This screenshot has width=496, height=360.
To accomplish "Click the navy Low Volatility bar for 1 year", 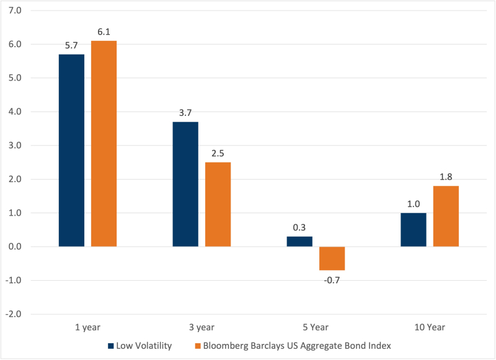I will (x=71, y=151).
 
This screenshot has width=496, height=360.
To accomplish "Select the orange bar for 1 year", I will (x=104, y=144).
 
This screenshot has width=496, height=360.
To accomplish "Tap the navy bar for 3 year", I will (x=185, y=184).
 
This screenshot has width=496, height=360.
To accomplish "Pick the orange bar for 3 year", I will (x=218, y=204).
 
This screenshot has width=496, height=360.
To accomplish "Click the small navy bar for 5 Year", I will (x=299, y=242).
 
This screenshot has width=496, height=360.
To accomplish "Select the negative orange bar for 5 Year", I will (x=332, y=258).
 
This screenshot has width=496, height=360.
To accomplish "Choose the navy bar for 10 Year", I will (x=414, y=230).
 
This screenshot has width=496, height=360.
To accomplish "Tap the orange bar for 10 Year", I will (x=446, y=216).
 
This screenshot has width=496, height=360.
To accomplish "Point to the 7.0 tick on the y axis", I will (x=15, y=11).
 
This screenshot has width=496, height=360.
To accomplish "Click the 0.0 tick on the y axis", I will (x=15, y=247).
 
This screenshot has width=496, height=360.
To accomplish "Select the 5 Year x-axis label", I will (x=316, y=327).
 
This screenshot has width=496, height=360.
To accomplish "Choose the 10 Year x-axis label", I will (x=430, y=327).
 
